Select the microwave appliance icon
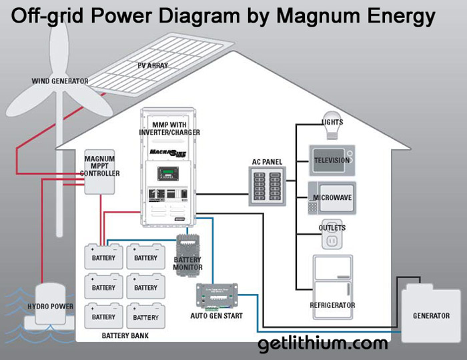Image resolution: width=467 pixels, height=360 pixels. pyautogui.click(x=332, y=197)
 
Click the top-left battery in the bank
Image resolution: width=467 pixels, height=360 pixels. pyautogui.click(x=103, y=257)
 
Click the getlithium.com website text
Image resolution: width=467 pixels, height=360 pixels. pyautogui.click(x=323, y=344)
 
